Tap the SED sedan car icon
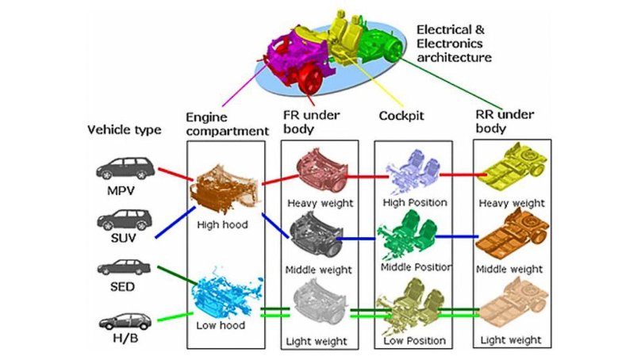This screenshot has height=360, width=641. (x=122, y=269)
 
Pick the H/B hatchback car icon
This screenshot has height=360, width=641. (x=122, y=322)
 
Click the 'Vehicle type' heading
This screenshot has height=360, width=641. (x=125, y=129)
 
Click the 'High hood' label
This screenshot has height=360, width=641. (x=223, y=224)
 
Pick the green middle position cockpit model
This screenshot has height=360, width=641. (x=413, y=235)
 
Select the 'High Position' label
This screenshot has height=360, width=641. (x=415, y=202)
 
